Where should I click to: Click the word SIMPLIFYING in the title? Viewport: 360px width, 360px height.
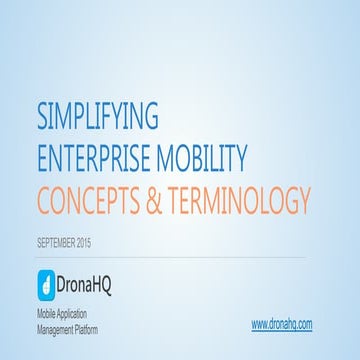pos(97,117)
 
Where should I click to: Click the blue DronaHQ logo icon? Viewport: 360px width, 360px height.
pos(46,281)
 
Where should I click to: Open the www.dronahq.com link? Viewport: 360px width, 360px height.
pos(282,324)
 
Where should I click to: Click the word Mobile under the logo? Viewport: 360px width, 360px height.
pos(48,315)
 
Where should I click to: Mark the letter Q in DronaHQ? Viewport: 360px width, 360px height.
pos(126,282)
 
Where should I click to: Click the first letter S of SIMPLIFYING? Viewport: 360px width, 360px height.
pos(42,117)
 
